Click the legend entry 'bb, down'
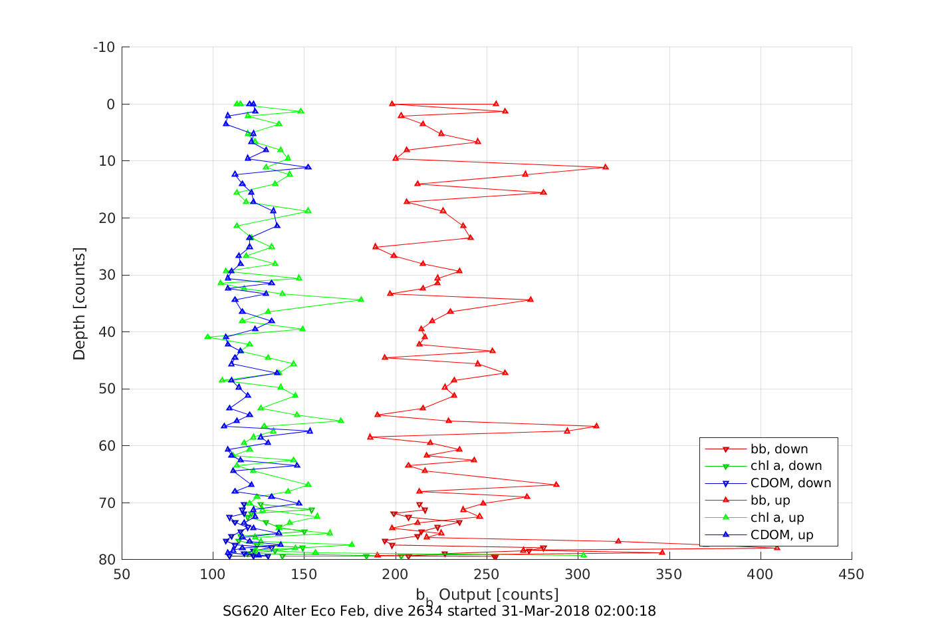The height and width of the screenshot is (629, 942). (779, 449)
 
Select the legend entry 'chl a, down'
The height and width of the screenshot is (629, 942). (786, 466)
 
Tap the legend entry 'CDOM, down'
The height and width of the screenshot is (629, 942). (790, 483)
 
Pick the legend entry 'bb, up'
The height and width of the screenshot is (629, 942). (770, 501)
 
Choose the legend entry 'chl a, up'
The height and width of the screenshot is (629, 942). (777, 518)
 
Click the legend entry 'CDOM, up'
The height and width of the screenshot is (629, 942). (782, 535)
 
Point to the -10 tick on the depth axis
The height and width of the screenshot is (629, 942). (104, 47)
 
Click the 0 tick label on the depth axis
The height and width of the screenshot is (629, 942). (110, 105)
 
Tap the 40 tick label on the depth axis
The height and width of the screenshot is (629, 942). (106, 332)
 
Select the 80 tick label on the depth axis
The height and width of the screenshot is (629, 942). (106, 560)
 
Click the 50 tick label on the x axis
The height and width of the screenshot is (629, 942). (122, 574)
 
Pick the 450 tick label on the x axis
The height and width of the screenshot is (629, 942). (852, 574)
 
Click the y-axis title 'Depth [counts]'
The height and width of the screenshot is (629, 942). (80, 304)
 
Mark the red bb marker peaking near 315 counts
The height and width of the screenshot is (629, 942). (605, 166)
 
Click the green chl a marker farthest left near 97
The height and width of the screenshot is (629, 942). (207, 337)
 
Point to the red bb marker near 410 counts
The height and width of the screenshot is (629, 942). (776, 547)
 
